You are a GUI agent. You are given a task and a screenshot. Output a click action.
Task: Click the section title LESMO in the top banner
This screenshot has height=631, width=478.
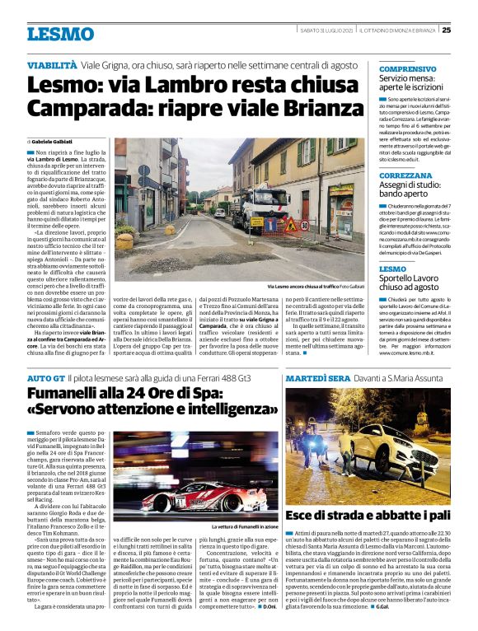[x=60, y=35]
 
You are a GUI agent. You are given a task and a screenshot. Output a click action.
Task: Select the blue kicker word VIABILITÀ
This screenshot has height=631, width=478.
[x=53, y=63]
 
